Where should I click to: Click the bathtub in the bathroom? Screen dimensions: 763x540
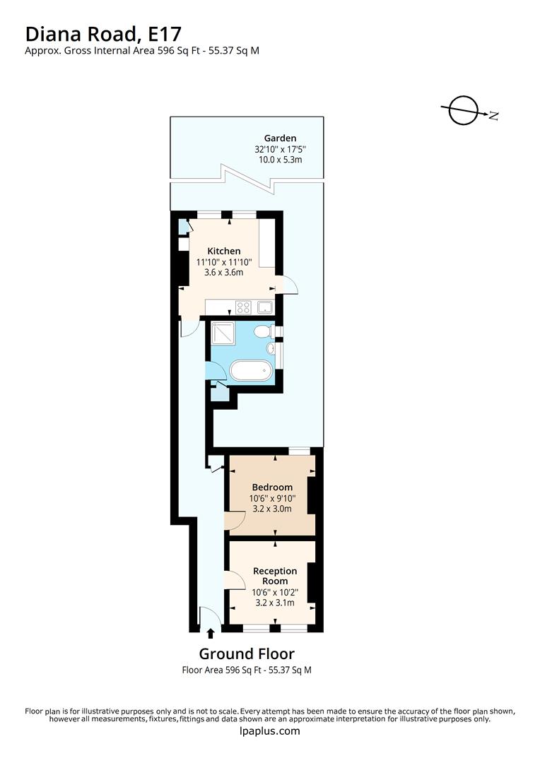click(250, 371)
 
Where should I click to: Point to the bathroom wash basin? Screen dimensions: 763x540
click(271, 349)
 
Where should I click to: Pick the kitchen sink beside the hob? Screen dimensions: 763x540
click(265, 307)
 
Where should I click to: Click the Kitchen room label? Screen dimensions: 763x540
click(223, 251)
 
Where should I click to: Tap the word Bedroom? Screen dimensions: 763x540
click(272, 487)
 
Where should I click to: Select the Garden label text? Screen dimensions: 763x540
click(280, 138)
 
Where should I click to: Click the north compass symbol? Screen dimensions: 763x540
click(465, 110)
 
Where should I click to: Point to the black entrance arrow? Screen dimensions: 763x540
click(210, 634)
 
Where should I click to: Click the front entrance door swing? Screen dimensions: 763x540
click(209, 617)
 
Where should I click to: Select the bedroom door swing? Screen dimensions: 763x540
click(234, 521)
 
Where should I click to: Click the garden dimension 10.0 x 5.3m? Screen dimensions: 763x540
click(280, 160)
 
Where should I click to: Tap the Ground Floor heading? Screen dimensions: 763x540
click(246, 653)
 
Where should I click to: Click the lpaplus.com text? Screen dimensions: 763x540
click(270, 731)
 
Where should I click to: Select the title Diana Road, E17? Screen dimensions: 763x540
click(103, 33)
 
